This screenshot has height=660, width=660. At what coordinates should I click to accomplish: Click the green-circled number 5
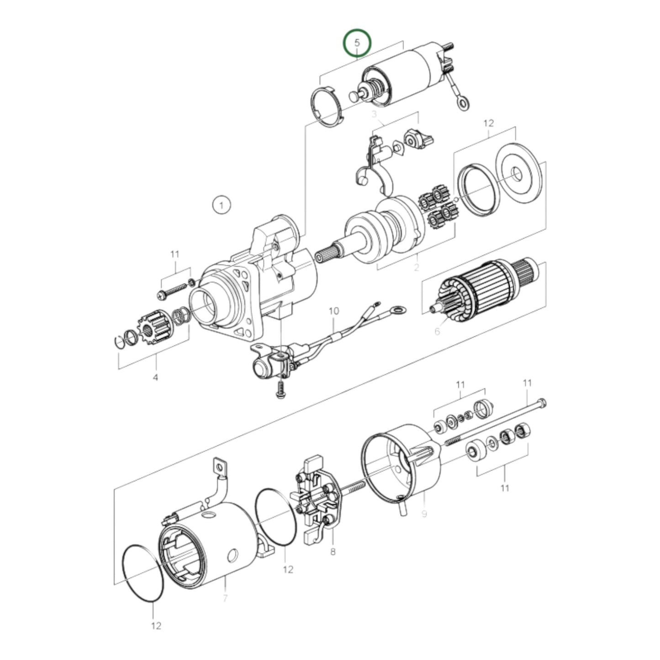(x=358, y=43)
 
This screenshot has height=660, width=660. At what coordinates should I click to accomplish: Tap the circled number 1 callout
(x=222, y=206)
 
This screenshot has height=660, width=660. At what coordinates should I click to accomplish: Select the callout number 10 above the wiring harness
(x=334, y=311)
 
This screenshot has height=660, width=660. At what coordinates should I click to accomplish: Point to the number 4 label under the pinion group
(x=155, y=378)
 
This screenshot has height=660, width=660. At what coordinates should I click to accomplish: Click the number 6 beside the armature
(x=437, y=331)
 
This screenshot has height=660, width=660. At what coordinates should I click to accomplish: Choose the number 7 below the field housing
(x=225, y=598)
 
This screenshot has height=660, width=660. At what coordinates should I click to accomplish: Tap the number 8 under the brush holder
(x=333, y=552)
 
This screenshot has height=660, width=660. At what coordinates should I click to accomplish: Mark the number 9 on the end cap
(x=424, y=514)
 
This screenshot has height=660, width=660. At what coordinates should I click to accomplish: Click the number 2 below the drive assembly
(x=416, y=268)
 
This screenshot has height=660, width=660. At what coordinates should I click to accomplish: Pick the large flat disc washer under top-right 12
(x=518, y=174)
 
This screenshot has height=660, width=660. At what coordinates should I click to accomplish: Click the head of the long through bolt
(x=542, y=404)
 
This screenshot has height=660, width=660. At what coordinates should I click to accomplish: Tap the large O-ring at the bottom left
(x=143, y=573)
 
